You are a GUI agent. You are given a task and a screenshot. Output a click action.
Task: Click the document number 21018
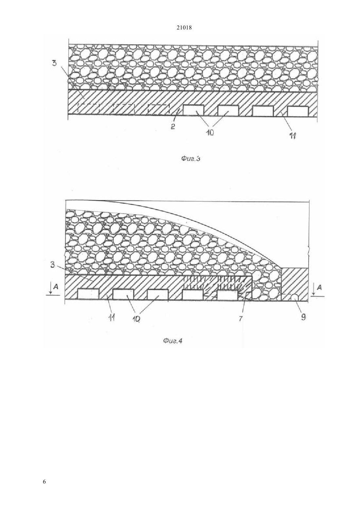click(184, 28)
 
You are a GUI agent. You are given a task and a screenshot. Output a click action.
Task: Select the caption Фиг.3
click(190, 159)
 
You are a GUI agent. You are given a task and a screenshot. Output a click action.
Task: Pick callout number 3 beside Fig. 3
click(54, 63)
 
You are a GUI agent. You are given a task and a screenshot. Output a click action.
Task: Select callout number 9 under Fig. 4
click(303, 317)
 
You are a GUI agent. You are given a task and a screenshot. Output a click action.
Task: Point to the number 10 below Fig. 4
click(135, 319)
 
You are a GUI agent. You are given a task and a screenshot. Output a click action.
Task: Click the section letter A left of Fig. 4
click(56, 287)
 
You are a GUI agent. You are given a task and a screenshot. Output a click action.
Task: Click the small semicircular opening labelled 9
click(295, 297)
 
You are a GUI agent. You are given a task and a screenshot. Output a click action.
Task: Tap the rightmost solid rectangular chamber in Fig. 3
click(298, 111)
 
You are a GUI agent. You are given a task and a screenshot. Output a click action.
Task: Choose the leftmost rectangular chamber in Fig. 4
click(88, 294)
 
